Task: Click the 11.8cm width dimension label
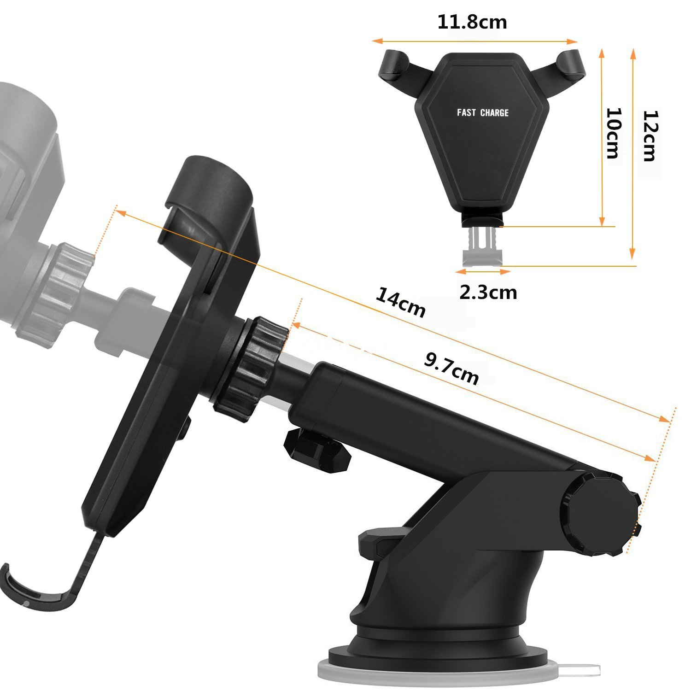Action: (x=472, y=22)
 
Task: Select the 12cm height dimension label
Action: (x=649, y=136)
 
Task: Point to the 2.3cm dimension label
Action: (x=488, y=292)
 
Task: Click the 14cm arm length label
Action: (x=400, y=302)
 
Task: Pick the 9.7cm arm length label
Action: (x=451, y=369)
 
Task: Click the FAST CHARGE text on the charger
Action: (x=483, y=112)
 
